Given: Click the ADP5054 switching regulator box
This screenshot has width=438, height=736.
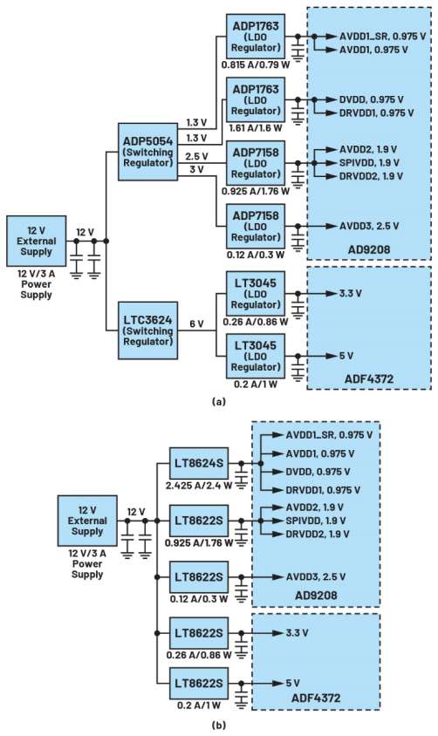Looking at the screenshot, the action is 147,152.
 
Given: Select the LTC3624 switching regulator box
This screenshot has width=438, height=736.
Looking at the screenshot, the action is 147,331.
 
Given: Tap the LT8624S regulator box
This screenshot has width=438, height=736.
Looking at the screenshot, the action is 199,464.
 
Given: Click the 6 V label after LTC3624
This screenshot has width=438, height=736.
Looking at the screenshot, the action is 196,324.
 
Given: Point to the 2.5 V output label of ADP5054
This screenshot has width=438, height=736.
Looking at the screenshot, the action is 196,156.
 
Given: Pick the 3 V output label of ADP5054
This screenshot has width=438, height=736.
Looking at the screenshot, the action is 196,169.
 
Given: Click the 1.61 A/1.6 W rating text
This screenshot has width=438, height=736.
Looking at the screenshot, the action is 256,127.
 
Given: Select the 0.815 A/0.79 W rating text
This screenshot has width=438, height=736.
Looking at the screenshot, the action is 256,65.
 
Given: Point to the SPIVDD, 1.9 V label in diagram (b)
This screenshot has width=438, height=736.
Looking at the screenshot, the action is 316,521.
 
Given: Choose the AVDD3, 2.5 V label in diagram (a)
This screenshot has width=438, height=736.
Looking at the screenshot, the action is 369,226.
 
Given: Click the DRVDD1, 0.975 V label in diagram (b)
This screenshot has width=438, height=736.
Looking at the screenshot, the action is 323,490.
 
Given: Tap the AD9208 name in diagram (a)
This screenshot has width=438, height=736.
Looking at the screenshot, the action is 369,249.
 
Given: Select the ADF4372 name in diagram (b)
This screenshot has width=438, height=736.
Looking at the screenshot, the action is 316,698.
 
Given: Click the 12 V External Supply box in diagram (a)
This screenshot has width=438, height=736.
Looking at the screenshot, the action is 36,241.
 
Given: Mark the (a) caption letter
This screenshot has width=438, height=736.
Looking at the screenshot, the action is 219,401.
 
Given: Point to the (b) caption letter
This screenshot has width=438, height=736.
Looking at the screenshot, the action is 219,726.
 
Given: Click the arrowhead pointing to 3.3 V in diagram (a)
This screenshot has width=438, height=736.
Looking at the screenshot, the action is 332,294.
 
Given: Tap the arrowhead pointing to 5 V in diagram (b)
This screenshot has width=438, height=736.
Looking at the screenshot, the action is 278,684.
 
